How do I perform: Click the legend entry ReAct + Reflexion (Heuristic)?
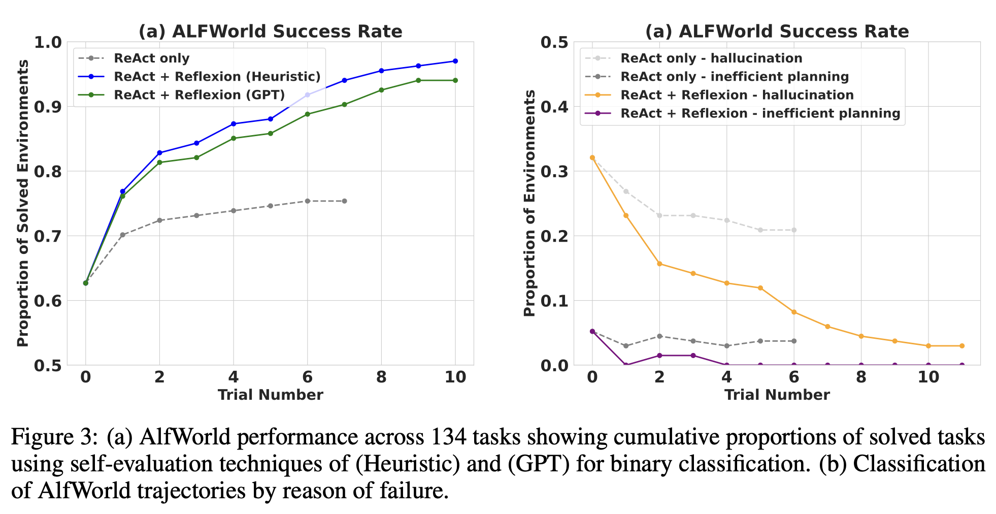(217, 77)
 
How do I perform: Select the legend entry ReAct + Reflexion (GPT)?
(200, 95)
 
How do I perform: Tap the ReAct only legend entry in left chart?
(152, 58)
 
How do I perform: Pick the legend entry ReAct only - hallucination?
(711, 58)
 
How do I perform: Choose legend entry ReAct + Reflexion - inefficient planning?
(760, 113)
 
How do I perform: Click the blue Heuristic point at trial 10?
(455, 61)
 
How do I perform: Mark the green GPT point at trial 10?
(455, 80)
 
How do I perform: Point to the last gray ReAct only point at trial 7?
(344, 201)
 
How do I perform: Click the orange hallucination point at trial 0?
(592, 157)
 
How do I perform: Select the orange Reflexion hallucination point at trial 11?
(962, 346)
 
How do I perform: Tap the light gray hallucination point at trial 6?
(794, 230)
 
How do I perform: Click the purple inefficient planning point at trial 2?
(659, 356)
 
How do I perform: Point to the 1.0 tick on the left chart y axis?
(47, 43)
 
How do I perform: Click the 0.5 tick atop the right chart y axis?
(554, 43)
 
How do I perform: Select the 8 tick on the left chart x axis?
(381, 377)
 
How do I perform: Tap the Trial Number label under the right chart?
(777, 395)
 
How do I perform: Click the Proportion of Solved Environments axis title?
(23, 203)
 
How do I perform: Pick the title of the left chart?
(270, 31)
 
